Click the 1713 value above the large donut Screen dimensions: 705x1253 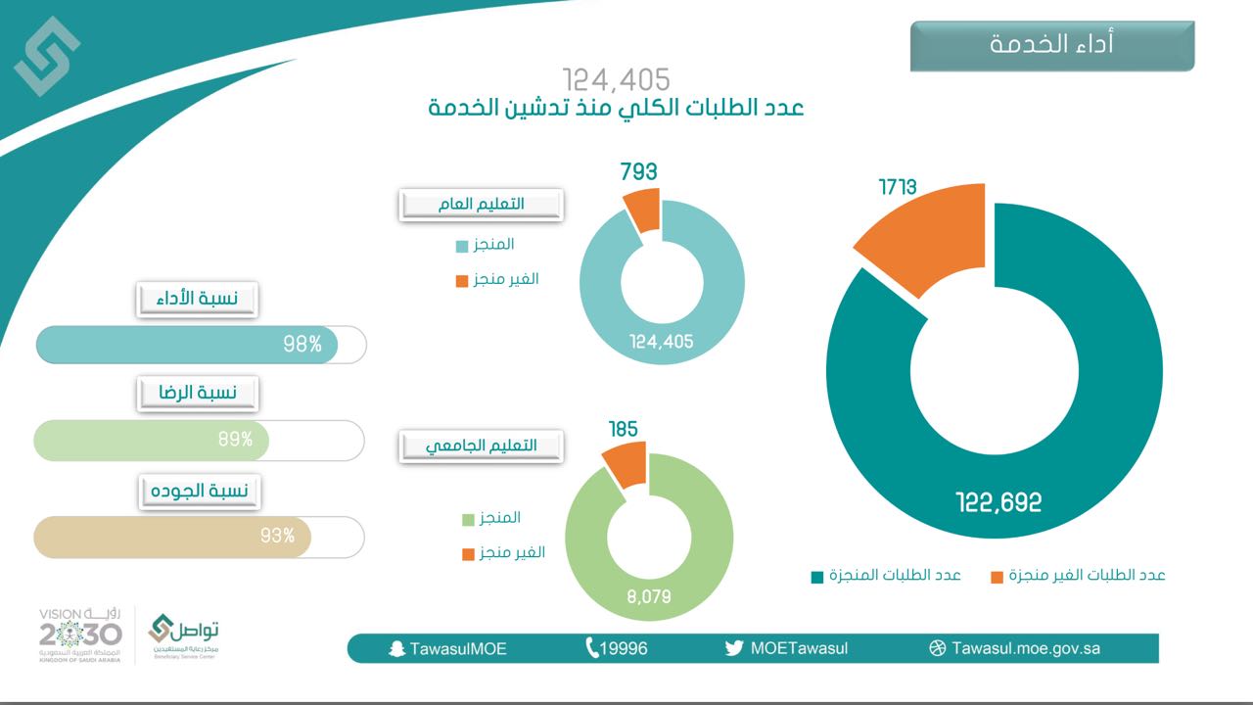(897, 186)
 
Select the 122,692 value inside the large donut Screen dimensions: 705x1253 (998, 503)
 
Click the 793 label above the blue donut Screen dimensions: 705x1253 (638, 172)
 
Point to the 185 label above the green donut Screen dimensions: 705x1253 (623, 429)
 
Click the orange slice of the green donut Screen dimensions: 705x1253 (624, 464)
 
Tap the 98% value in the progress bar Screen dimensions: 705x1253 (302, 345)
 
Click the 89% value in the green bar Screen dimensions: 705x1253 (236, 440)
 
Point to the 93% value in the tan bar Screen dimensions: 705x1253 (277, 536)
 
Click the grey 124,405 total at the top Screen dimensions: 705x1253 (616, 79)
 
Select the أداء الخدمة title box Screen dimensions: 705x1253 (1052, 45)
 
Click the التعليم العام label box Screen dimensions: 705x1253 (481, 204)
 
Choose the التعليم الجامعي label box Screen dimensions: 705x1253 (481, 446)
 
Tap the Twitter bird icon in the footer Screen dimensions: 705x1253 (734, 648)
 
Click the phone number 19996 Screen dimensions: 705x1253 (624, 648)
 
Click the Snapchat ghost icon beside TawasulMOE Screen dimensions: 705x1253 (396, 648)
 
